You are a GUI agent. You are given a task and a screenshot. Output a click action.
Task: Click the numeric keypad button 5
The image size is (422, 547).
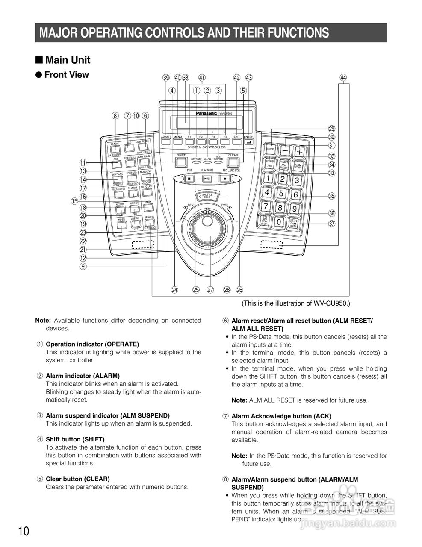[281, 194]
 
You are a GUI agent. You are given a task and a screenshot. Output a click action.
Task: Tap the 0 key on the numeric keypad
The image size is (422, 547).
[279, 222]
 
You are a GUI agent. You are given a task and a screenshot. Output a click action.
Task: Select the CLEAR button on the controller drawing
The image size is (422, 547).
[233, 162]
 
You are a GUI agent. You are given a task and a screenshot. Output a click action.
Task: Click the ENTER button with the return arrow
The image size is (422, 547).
[248, 142]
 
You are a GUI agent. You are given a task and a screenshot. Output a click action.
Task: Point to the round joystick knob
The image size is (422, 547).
[207, 221]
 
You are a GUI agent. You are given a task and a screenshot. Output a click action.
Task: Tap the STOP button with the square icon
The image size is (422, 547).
[190, 178]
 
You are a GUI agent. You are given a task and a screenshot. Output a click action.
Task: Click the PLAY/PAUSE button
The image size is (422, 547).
[207, 178]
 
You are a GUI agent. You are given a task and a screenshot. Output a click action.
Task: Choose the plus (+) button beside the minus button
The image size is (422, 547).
[300, 151]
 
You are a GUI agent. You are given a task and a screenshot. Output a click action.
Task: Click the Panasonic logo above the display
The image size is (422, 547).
[207, 113]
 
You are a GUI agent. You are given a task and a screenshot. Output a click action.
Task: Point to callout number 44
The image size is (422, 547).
[343, 78]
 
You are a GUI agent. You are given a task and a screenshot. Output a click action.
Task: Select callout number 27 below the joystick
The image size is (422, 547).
[210, 290]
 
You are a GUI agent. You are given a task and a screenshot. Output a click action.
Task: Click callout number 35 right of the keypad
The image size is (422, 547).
[331, 196]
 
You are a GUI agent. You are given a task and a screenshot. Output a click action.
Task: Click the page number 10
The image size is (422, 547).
[24, 531]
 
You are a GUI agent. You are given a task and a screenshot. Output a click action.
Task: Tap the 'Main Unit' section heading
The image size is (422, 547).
[67, 60]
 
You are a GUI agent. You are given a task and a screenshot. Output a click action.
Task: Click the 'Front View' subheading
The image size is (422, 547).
[66, 75]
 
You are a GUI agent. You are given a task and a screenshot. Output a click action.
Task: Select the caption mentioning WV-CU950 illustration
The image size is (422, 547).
[295, 303]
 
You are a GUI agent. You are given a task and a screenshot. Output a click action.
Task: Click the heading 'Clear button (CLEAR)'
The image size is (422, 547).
[77, 479]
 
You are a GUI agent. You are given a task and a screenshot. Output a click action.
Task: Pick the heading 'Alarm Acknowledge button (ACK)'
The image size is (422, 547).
[281, 416]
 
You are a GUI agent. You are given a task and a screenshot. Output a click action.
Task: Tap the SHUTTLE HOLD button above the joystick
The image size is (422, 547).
[207, 196]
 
